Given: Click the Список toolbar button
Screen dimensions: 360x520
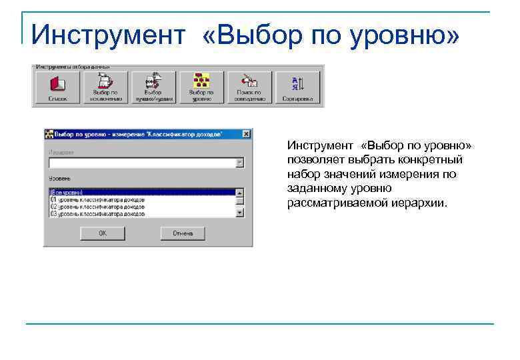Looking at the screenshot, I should click(57, 87).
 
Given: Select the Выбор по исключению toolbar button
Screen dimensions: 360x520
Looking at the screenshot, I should click(105, 87).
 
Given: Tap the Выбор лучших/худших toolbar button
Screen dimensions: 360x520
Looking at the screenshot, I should click(153, 87).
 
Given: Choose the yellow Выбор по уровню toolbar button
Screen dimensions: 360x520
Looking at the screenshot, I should click(201, 87).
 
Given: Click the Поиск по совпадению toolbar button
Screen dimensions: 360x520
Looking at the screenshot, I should click(249, 87).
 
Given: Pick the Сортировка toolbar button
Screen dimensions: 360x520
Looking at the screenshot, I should click(297, 87).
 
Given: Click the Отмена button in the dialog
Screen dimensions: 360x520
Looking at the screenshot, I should click(183, 233).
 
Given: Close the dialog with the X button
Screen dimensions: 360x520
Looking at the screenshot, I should click(247, 134).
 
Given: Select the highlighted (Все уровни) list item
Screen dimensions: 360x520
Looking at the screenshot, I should click(67, 192).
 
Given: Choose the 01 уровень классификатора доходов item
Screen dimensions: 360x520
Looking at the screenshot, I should click(97, 199).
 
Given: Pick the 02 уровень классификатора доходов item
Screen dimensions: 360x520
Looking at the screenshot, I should click(97, 207).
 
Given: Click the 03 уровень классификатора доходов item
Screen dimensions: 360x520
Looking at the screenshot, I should click(97, 214).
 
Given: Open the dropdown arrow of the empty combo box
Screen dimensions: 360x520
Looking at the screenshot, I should click(240, 163).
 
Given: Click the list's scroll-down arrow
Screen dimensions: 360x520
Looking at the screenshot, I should click(240, 213).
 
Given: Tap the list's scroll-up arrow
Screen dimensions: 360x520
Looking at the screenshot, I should click(240, 192).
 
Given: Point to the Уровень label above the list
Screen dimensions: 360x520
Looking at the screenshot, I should click(60, 179).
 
